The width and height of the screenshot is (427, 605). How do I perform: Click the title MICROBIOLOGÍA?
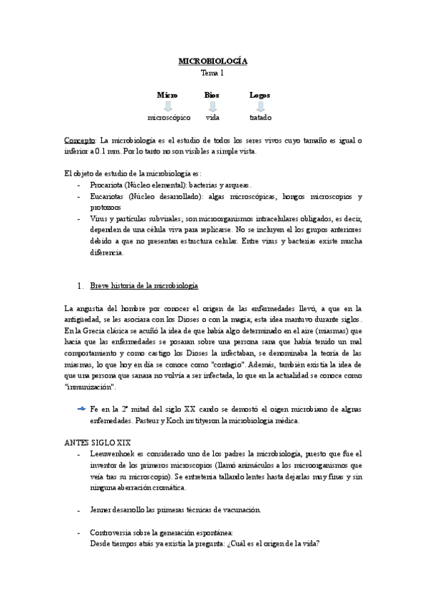click(212, 61)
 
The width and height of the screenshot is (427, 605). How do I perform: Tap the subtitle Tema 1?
click(212, 73)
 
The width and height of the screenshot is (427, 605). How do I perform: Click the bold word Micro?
click(167, 94)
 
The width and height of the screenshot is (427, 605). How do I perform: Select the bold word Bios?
click(212, 94)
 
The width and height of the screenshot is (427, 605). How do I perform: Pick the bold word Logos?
click(259, 94)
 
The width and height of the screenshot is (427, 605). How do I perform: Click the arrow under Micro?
click(168, 106)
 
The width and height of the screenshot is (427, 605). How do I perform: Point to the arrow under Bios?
click(212, 106)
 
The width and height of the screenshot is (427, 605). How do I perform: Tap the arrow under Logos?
click(260, 106)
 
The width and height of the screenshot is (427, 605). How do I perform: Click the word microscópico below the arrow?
click(169, 117)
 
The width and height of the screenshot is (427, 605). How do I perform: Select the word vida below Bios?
click(212, 117)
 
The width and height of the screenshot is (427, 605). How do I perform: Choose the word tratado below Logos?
click(260, 117)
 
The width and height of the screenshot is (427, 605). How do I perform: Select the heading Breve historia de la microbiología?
click(143, 285)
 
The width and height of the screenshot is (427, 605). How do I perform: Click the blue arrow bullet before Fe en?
click(81, 407)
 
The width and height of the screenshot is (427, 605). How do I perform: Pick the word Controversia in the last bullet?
click(112, 532)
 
